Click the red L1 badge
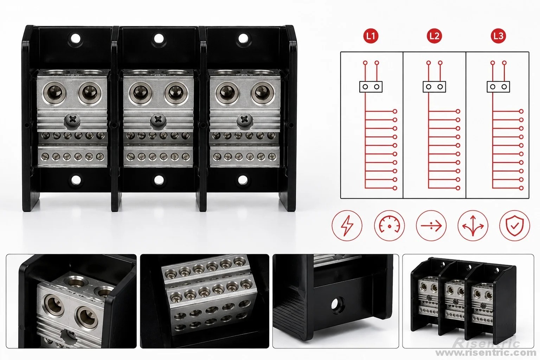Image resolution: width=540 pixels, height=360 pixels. point(371,36)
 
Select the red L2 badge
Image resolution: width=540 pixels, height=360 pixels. point(434,36)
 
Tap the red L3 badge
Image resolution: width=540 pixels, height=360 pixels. point(498,36)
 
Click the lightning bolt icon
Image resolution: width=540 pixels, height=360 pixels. point(347,226)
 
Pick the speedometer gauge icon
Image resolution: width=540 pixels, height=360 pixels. point(389,226)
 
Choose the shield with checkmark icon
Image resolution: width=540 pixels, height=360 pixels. point(514,226)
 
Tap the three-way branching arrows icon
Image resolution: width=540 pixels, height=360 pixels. point(473,226)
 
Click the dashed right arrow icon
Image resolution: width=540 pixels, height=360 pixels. point(431,226)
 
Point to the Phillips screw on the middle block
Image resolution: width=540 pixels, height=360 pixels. point(158,120)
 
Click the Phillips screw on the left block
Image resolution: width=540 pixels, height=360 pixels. point(72,120)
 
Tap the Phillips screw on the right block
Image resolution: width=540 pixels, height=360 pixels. point(245,120)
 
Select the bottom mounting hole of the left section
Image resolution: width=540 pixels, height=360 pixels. point(76,180)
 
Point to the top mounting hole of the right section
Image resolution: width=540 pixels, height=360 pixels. point(243,38)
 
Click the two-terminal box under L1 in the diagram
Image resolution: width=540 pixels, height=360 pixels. point(371,87)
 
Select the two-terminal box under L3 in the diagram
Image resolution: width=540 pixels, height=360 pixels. point(498,87)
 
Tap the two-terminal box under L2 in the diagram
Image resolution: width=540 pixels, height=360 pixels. point(434,87)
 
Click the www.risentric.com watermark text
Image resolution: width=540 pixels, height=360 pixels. point(486,353)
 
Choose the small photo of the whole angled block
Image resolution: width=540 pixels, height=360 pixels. point(468,301)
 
